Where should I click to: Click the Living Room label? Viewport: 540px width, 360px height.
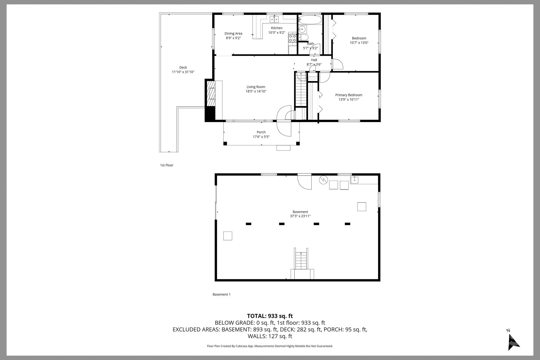click(x=256, y=87)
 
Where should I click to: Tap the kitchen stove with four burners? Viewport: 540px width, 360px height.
click(x=292, y=39)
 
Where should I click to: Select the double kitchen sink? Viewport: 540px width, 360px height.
click(x=274, y=19)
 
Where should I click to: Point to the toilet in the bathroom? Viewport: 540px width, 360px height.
click(x=303, y=37)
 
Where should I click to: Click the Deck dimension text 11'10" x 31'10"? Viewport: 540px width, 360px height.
click(x=183, y=72)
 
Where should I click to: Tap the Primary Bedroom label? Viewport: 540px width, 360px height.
click(x=349, y=95)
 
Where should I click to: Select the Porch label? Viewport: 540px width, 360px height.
click(x=261, y=132)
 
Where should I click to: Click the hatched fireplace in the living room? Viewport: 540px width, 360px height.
click(x=211, y=93)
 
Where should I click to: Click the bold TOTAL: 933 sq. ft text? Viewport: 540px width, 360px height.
click(x=270, y=316)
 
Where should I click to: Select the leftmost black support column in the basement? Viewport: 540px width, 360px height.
click(x=248, y=224)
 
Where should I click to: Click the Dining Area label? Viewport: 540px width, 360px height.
click(x=233, y=33)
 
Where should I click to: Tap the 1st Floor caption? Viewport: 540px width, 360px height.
click(x=167, y=165)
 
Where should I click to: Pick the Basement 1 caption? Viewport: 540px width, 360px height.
click(x=221, y=294)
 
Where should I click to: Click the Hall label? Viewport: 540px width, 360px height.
click(x=314, y=60)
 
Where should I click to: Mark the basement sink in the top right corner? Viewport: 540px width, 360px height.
click(x=354, y=180)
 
